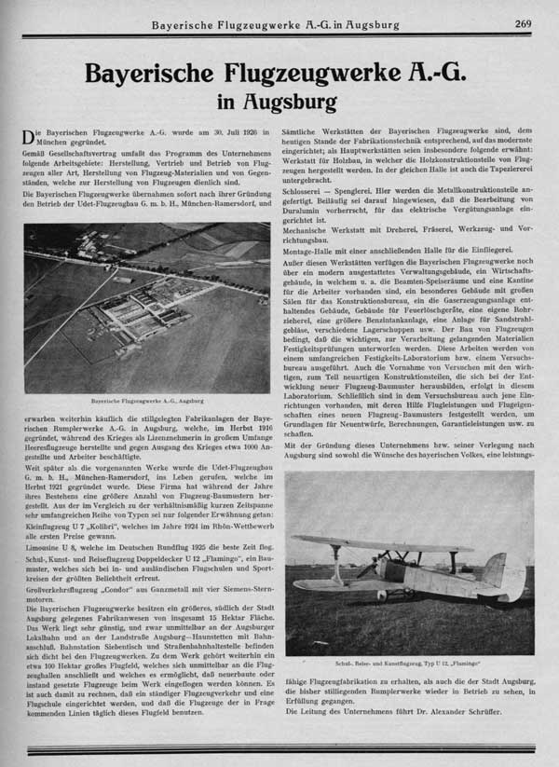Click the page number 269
pos(523,23)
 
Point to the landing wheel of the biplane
pos(406,594)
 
